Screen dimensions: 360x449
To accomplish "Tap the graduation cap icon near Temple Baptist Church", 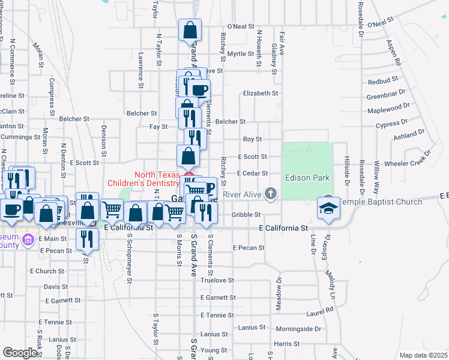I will [x=328, y=208].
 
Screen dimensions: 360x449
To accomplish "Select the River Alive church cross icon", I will [x=271, y=193].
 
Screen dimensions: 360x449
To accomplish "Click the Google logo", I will [x=20, y=353].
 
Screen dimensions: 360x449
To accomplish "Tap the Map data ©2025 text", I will [x=423, y=355].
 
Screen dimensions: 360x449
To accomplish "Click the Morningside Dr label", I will [x=300, y=329].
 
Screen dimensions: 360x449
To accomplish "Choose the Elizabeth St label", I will [x=261, y=94].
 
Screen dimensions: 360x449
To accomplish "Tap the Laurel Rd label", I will [x=321, y=310].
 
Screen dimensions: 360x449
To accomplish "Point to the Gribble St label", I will [x=246, y=214].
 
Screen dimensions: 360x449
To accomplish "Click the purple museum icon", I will [x=26, y=240].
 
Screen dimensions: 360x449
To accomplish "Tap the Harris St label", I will [x=286, y=344].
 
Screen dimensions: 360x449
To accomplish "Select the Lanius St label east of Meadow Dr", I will [x=251, y=327].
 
